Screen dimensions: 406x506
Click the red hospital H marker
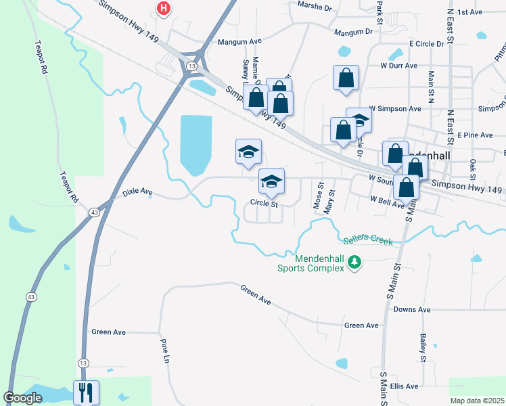(x=163, y=9)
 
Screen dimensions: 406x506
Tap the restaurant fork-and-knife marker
(x=86, y=392)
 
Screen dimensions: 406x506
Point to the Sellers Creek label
(x=367, y=240)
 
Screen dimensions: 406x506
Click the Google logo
(x=23, y=397)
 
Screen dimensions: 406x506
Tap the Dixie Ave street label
(x=138, y=193)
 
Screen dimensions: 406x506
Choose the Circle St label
(x=264, y=203)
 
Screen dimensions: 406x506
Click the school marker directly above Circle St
(x=272, y=181)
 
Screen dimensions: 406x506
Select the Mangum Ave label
(x=239, y=41)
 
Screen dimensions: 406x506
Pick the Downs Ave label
(x=412, y=309)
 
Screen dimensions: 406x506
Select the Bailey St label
(x=422, y=345)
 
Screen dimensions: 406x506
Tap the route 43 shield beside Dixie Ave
(x=94, y=212)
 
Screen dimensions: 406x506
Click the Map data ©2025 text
(x=478, y=401)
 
